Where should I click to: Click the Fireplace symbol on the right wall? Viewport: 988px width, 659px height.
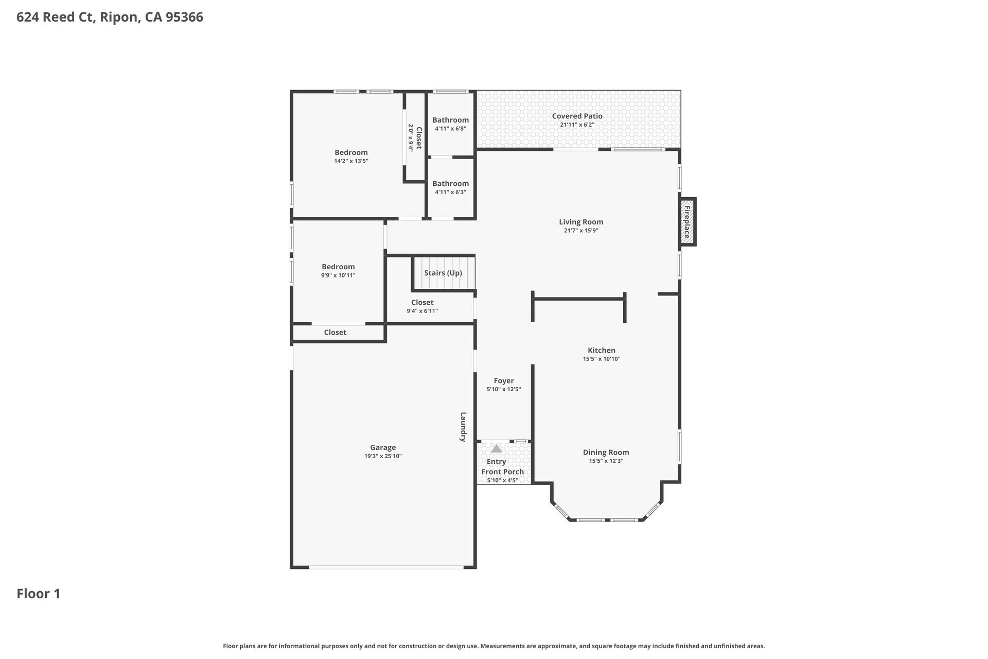(x=686, y=222)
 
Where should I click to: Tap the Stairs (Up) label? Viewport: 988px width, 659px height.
(x=443, y=273)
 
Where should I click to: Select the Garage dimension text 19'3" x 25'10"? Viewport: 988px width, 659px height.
(x=383, y=456)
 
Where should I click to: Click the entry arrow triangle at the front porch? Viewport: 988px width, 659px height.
(x=496, y=448)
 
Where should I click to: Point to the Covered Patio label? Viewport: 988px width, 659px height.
(x=577, y=116)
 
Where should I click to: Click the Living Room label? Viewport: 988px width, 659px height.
(x=581, y=222)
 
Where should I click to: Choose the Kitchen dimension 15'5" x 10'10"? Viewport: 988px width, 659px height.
(x=602, y=359)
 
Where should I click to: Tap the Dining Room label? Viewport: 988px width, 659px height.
(x=606, y=452)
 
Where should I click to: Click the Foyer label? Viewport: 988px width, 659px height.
(x=503, y=380)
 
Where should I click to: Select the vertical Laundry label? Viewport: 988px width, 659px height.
(x=463, y=427)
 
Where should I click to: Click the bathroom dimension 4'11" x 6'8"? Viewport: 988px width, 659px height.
(x=450, y=129)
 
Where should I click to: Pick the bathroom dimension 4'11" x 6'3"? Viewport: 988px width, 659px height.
(x=450, y=192)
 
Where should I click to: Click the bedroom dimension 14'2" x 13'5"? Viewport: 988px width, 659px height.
(x=351, y=161)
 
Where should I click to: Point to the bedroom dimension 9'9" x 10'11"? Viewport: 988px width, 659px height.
(x=338, y=275)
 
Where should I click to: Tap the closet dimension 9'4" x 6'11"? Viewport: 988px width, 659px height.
(x=422, y=311)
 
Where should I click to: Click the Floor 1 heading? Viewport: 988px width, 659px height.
(x=39, y=594)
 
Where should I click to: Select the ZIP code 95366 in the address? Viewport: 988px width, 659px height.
(x=184, y=17)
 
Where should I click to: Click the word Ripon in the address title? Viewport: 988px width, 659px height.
(x=118, y=17)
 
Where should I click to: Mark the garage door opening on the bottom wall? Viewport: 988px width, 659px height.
(x=386, y=567)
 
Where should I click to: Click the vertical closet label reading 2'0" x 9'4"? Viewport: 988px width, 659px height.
(x=411, y=137)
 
